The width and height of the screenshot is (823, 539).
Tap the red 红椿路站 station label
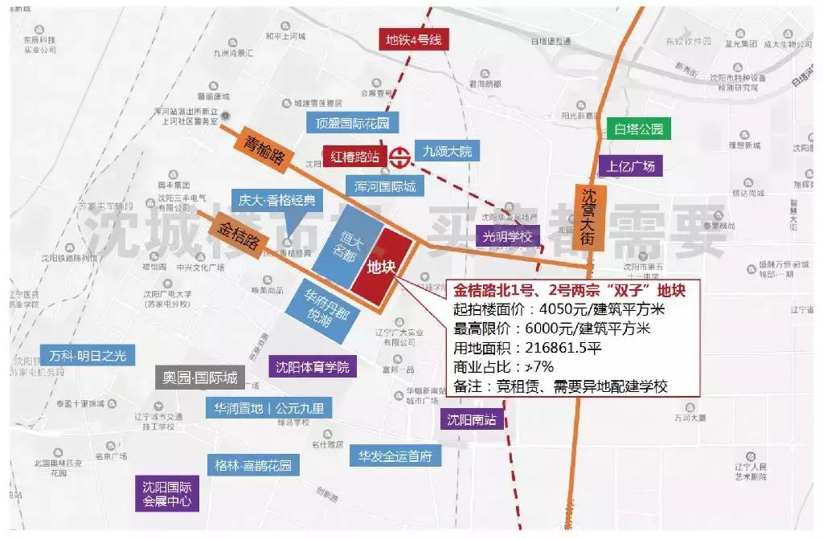355,156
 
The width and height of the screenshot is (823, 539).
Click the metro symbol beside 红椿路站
399,157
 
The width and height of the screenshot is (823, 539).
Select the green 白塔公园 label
638,129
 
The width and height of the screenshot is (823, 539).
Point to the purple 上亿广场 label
631,166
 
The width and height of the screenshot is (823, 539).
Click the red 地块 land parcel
381,265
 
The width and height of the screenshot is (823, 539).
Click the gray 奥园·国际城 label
198,377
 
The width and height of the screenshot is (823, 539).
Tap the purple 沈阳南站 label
472,419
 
